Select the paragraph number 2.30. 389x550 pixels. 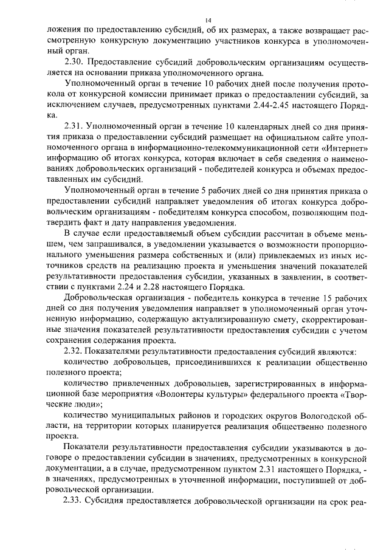[75, 61]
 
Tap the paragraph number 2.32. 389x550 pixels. [75, 351]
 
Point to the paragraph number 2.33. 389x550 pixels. [75, 501]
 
